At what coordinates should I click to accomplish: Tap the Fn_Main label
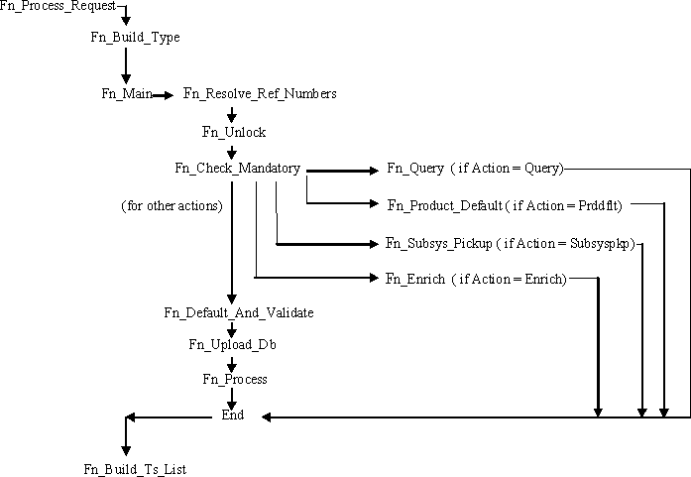(x=125, y=94)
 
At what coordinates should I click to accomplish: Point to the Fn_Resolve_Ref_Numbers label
(x=260, y=94)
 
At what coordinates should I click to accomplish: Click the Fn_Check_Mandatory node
(x=237, y=168)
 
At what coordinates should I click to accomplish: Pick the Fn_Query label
(x=414, y=169)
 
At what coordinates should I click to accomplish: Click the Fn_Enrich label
(x=414, y=280)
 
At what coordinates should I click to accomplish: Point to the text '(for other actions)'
(x=172, y=205)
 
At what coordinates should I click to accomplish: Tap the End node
(x=232, y=416)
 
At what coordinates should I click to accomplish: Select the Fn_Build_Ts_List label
(x=135, y=469)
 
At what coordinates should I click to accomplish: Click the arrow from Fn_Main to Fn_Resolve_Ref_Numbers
(x=164, y=95)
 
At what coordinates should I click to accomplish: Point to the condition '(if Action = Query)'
(x=507, y=169)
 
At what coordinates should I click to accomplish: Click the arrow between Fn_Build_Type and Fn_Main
(x=126, y=66)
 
